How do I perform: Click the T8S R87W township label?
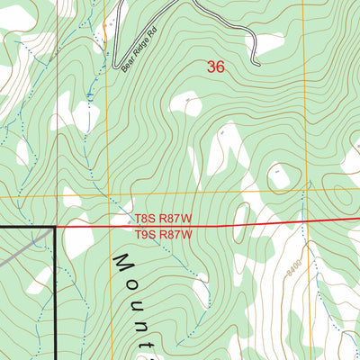(165, 219)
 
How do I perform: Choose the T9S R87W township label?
(165, 235)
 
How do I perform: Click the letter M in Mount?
(123, 264)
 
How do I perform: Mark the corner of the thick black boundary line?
(55, 228)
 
